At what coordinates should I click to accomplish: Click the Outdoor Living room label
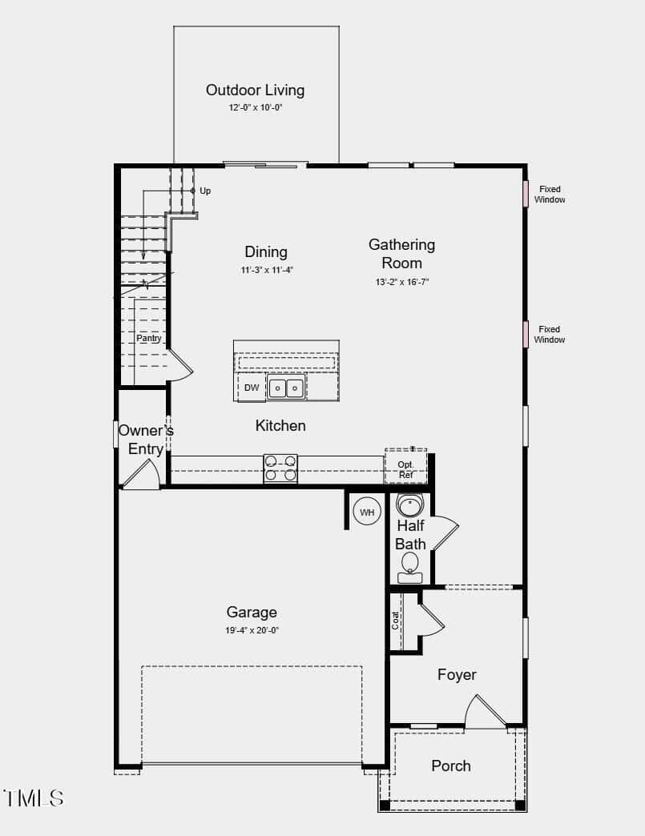tap(255, 90)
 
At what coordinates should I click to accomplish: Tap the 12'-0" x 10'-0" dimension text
tap(256, 107)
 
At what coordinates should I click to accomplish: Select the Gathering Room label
tap(401, 254)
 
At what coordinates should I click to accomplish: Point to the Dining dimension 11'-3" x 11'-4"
tap(268, 271)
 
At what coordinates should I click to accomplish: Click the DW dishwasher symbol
tap(252, 388)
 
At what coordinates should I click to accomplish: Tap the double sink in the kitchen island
tap(287, 388)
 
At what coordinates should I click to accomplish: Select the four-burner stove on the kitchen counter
tap(280, 468)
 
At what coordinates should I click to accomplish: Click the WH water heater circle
tap(367, 512)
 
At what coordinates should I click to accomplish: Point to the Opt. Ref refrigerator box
tap(406, 467)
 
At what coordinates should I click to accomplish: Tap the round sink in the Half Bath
tap(409, 505)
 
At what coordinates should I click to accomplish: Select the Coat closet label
tap(395, 621)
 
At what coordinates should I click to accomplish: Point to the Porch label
tap(451, 766)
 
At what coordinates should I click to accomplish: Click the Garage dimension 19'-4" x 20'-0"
tap(252, 631)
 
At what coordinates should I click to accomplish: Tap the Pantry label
tap(149, 338)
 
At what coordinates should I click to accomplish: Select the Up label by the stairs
tap(205, 191)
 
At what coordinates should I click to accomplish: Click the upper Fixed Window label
tap(550, 195)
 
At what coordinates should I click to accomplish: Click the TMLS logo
tap(34, 798)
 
